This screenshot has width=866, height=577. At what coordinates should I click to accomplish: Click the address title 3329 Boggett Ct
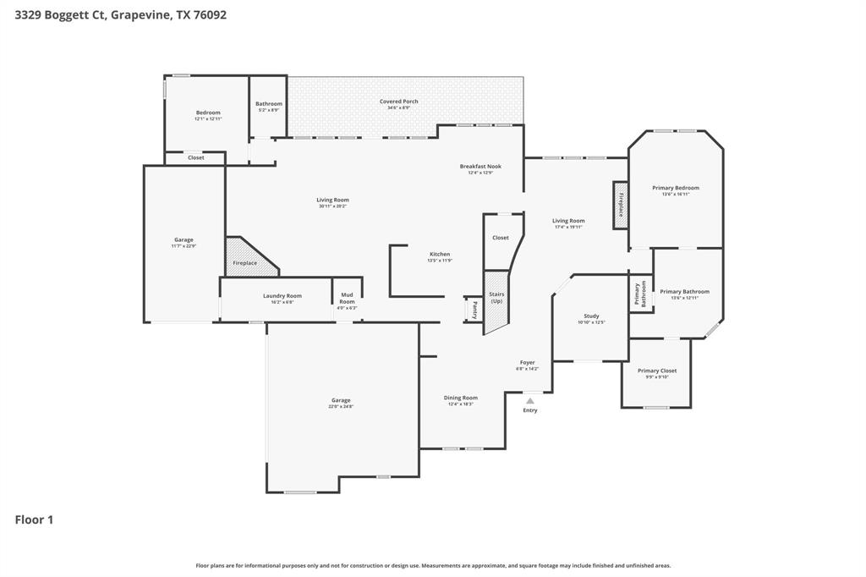pos(120,14)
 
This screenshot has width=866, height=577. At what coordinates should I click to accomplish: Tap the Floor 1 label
pos(34,519)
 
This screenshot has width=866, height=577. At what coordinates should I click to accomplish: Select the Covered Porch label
pos(398,102)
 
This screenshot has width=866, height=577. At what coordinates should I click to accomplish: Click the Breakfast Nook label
pos(480,167)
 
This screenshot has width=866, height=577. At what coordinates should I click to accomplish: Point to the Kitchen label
pos(440,254)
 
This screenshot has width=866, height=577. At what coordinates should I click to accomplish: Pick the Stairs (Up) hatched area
pos(496,300)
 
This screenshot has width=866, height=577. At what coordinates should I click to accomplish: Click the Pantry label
pos(474,309)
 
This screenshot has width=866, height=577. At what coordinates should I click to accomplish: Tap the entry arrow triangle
pos(530,401)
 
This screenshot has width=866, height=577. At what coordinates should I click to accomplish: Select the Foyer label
pos(527,363)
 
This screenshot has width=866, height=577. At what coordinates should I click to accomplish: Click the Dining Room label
pos(461,398)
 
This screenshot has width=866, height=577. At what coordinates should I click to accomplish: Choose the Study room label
pos(591,316)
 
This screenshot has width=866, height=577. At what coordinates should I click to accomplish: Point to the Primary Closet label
pos(657,371)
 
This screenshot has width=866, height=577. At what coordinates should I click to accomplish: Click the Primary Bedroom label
pos(676,188)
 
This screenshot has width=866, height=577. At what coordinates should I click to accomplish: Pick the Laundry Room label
pos(282,296)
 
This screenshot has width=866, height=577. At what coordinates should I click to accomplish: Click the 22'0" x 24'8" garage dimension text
pos(341,407)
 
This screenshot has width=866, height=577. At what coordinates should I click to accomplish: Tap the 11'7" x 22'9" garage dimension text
pos(184,246)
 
